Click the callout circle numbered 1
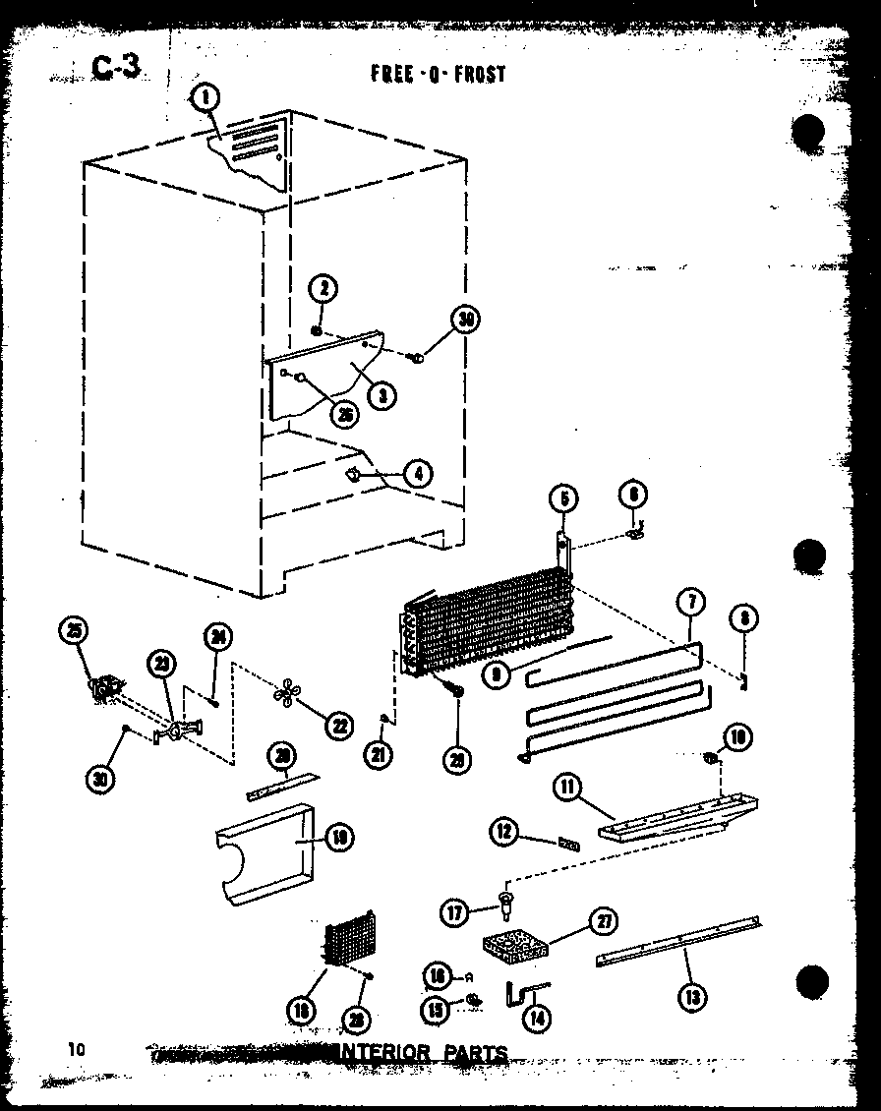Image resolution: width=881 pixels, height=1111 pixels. coord(206,97)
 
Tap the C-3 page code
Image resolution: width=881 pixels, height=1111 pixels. coord(117,65)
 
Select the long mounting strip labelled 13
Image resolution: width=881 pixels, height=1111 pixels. coord(678,943)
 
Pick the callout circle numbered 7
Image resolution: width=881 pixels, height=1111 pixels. coord(691,602)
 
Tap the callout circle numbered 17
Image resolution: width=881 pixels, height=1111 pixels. coord(455,913)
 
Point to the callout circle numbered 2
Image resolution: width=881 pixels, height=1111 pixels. coord(323,288)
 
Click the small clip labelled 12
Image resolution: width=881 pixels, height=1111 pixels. coord(567,843)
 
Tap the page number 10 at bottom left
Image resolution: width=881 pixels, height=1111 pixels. coord(77,1050)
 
